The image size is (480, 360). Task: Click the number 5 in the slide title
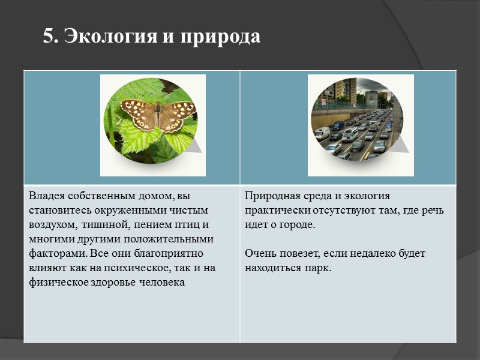(x=48, y=37)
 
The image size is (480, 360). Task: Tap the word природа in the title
(x=218, y=37)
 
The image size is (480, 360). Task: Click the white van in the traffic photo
(x=322, y=133)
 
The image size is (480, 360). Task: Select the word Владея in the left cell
(x=46, y=196)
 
